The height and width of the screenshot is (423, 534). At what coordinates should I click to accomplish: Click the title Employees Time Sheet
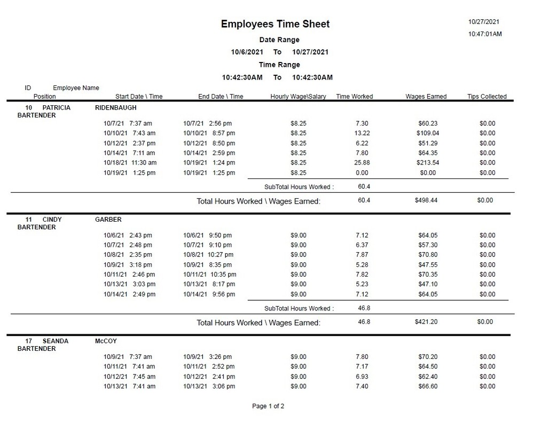275,24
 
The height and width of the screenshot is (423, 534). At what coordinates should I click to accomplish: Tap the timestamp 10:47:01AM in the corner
485,34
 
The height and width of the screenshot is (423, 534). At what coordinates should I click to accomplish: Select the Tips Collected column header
486,97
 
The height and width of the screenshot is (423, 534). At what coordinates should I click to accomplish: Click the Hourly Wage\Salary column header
298,97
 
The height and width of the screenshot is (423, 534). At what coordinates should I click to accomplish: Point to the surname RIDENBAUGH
115,107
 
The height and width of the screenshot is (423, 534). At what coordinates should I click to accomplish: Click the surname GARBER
108,220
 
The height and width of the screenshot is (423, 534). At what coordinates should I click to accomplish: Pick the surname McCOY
106,341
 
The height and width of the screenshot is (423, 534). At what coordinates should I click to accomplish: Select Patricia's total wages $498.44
426,200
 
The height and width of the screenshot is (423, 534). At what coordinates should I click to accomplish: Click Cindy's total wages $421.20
426,322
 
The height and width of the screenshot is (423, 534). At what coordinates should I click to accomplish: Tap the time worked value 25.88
362,163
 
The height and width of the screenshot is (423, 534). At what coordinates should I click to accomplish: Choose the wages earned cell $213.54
427,163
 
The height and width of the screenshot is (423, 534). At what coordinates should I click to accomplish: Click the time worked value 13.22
362,133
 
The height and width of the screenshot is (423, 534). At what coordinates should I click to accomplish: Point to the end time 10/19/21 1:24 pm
209,163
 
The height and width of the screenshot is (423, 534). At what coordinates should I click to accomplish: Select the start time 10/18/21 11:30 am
130,163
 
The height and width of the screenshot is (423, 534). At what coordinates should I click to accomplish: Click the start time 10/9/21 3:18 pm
128,265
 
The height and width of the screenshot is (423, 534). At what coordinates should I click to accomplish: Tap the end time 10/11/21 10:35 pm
209,275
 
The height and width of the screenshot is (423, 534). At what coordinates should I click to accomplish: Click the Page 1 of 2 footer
268,406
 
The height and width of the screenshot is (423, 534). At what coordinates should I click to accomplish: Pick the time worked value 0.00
362,173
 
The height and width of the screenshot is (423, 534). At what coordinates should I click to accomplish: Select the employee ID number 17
29,341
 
